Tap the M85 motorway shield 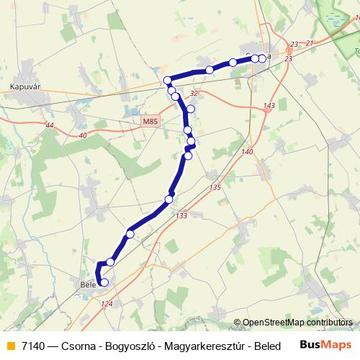pos(150,122)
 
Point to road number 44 pos(49,126)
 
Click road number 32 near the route pos(194,94)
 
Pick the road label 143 pos(269,106)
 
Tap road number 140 pos(248,152)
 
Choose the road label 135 pos(215,187)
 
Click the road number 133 pos(181,215)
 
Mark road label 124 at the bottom pos(107,305)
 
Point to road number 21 pos(311,44)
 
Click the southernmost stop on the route pos(104,283)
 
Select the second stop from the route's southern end pos(110,262)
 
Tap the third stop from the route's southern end pos(130,233)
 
